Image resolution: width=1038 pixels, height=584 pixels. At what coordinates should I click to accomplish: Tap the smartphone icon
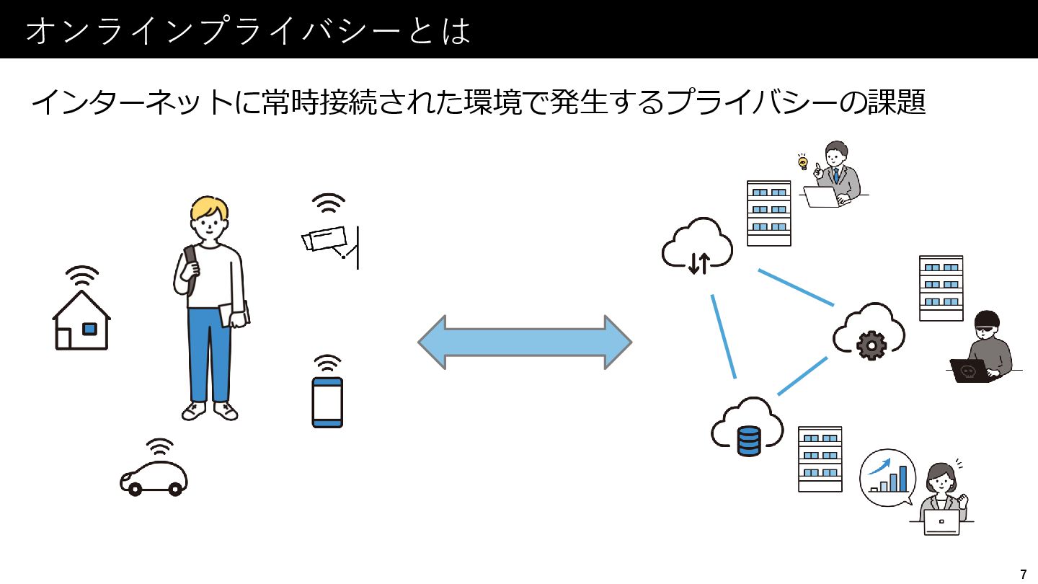327,402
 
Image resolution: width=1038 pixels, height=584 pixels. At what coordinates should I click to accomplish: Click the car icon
154,478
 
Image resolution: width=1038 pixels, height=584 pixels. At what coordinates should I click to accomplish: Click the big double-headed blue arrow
525,342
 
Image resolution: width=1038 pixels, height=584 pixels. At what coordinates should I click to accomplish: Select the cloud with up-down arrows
697,246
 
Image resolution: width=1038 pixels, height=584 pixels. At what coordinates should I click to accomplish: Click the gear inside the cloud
871,345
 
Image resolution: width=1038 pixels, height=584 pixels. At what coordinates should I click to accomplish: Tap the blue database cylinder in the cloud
749,441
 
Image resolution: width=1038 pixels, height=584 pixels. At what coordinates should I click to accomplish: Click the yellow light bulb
802,163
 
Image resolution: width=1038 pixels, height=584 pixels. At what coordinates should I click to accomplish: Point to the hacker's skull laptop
970,371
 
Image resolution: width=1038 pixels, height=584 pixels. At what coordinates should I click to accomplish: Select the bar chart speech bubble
887,477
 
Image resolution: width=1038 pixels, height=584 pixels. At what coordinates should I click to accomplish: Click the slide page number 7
1024,574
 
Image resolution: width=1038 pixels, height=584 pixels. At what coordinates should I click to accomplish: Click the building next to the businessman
768,213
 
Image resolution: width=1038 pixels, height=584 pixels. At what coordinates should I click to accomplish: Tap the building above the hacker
941,288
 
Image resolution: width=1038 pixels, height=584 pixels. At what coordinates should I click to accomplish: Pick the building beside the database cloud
820,459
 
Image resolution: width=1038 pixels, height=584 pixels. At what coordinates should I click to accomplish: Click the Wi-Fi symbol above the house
82,275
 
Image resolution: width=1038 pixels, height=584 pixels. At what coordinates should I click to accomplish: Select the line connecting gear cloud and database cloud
802,376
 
